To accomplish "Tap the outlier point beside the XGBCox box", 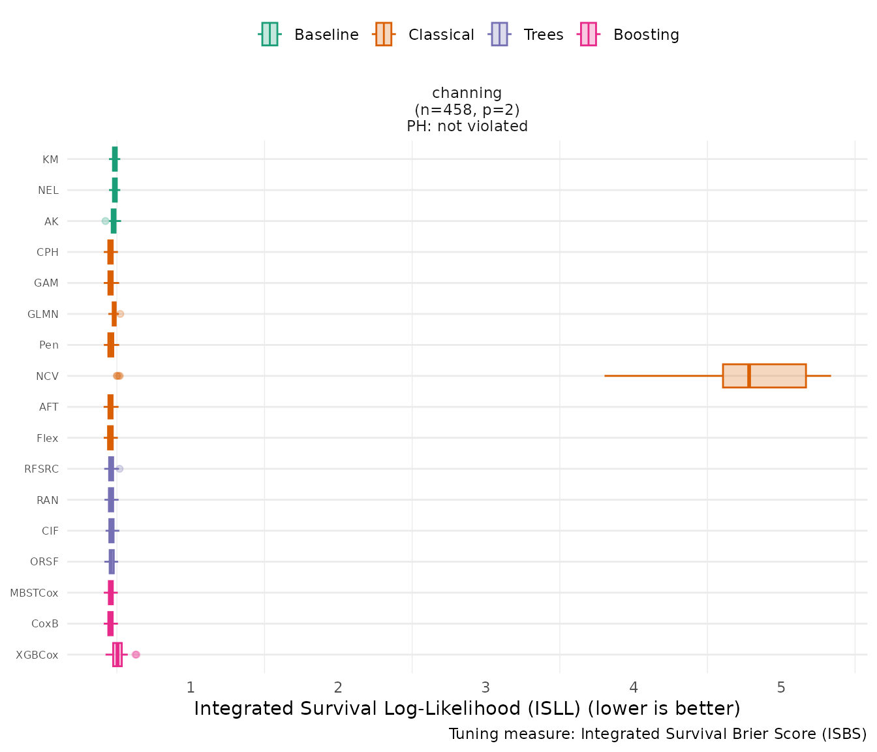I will coord(136,655).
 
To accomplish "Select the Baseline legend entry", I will coord(309,35).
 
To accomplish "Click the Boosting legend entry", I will coord(630,35).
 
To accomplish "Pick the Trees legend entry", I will coord(527,35).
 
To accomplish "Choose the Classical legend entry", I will coord(424,35).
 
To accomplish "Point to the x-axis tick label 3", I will coord(485,687).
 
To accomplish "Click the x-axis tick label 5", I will coord(781,687).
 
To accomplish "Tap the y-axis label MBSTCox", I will coord(34,593).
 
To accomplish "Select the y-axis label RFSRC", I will coord(41,469).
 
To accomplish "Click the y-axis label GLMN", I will coord(43,315).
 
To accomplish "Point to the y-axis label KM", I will coord(50,160).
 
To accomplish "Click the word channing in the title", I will coord(467,93).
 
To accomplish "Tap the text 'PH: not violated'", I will coord(467,127).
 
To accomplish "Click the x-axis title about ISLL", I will coord(467,709).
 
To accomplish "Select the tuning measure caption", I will coord(658,734).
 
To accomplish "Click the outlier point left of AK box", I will coord(105,221).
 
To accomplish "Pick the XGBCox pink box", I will coord(117,655).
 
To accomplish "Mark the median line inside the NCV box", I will coord(749,376).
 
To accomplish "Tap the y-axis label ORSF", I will coord(44,562).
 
